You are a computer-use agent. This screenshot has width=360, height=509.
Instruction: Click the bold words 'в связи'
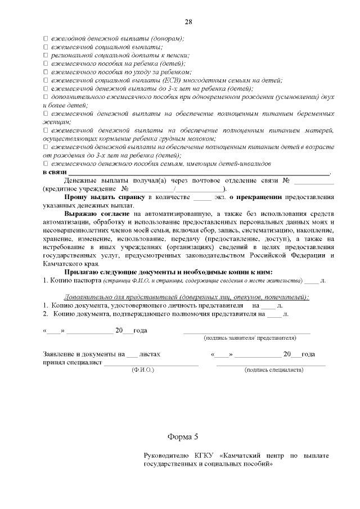point(54,172)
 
